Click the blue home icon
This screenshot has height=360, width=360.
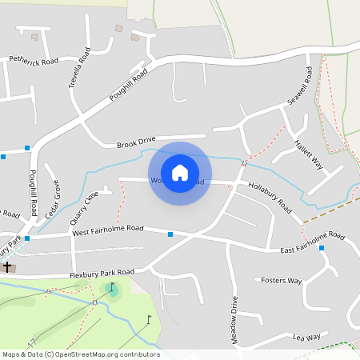pyautogui.click(x=180, y=171)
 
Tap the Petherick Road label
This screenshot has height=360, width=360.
pyautogui.click(x=34, y=60)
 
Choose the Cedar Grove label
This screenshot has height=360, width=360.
pyautogui.click(x=53, y=200)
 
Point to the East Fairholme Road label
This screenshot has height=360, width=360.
pyautogui.click(x=312, y=243)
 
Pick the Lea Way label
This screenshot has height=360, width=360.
pyautogui.click(x=306, y=338)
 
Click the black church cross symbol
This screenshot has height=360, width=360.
pyautogui.click(x=7, y=266)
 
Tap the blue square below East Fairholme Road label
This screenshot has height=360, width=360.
pyautogui.click(x=322, y=249)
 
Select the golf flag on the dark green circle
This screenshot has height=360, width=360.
pyautogui.click(x=113, y=288)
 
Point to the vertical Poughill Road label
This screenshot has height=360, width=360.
pyautogui.click(x=33, y=192)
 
